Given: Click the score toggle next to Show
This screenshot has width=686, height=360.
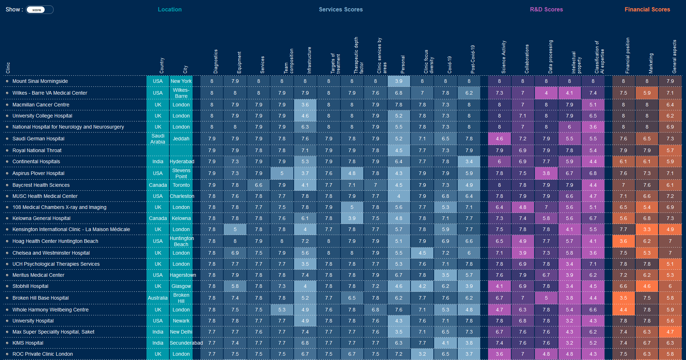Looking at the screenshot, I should [39, 10].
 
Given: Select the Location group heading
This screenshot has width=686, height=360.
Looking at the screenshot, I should [170, 10].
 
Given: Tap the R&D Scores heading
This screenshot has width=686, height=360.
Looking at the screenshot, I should [546, 10].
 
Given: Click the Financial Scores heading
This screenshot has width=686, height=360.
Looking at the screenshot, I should [647, 10].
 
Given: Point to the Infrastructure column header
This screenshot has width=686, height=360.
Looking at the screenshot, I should [309, 60].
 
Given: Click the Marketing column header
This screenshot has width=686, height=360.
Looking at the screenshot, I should [651, 63].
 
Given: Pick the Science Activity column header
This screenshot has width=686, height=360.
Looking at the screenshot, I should [504, 57].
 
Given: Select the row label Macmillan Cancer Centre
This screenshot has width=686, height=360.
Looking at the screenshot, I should [41, 105].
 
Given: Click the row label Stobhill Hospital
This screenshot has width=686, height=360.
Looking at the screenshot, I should [30, 286].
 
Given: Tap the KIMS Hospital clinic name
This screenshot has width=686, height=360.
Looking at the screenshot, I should [28, 343].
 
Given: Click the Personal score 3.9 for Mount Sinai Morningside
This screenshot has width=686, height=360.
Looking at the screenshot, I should [399, 81].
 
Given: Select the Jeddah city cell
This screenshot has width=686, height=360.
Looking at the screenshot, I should [181, 139].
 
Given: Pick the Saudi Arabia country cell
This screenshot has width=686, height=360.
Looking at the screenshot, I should [158, 139].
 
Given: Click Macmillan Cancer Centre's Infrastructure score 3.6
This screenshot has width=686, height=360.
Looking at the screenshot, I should [305, 105].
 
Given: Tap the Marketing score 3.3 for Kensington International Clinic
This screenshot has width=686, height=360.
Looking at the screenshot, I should [647, 229].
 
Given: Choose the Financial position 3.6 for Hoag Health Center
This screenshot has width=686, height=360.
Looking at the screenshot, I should [623, 241].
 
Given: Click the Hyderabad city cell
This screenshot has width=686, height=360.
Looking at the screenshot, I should [182, 161].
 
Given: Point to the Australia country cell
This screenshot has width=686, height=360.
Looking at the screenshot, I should [158, 298].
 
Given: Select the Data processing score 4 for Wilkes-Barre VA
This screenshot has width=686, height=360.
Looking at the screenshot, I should [546, 93].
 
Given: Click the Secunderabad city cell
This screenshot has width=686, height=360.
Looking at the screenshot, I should [186, 343].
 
